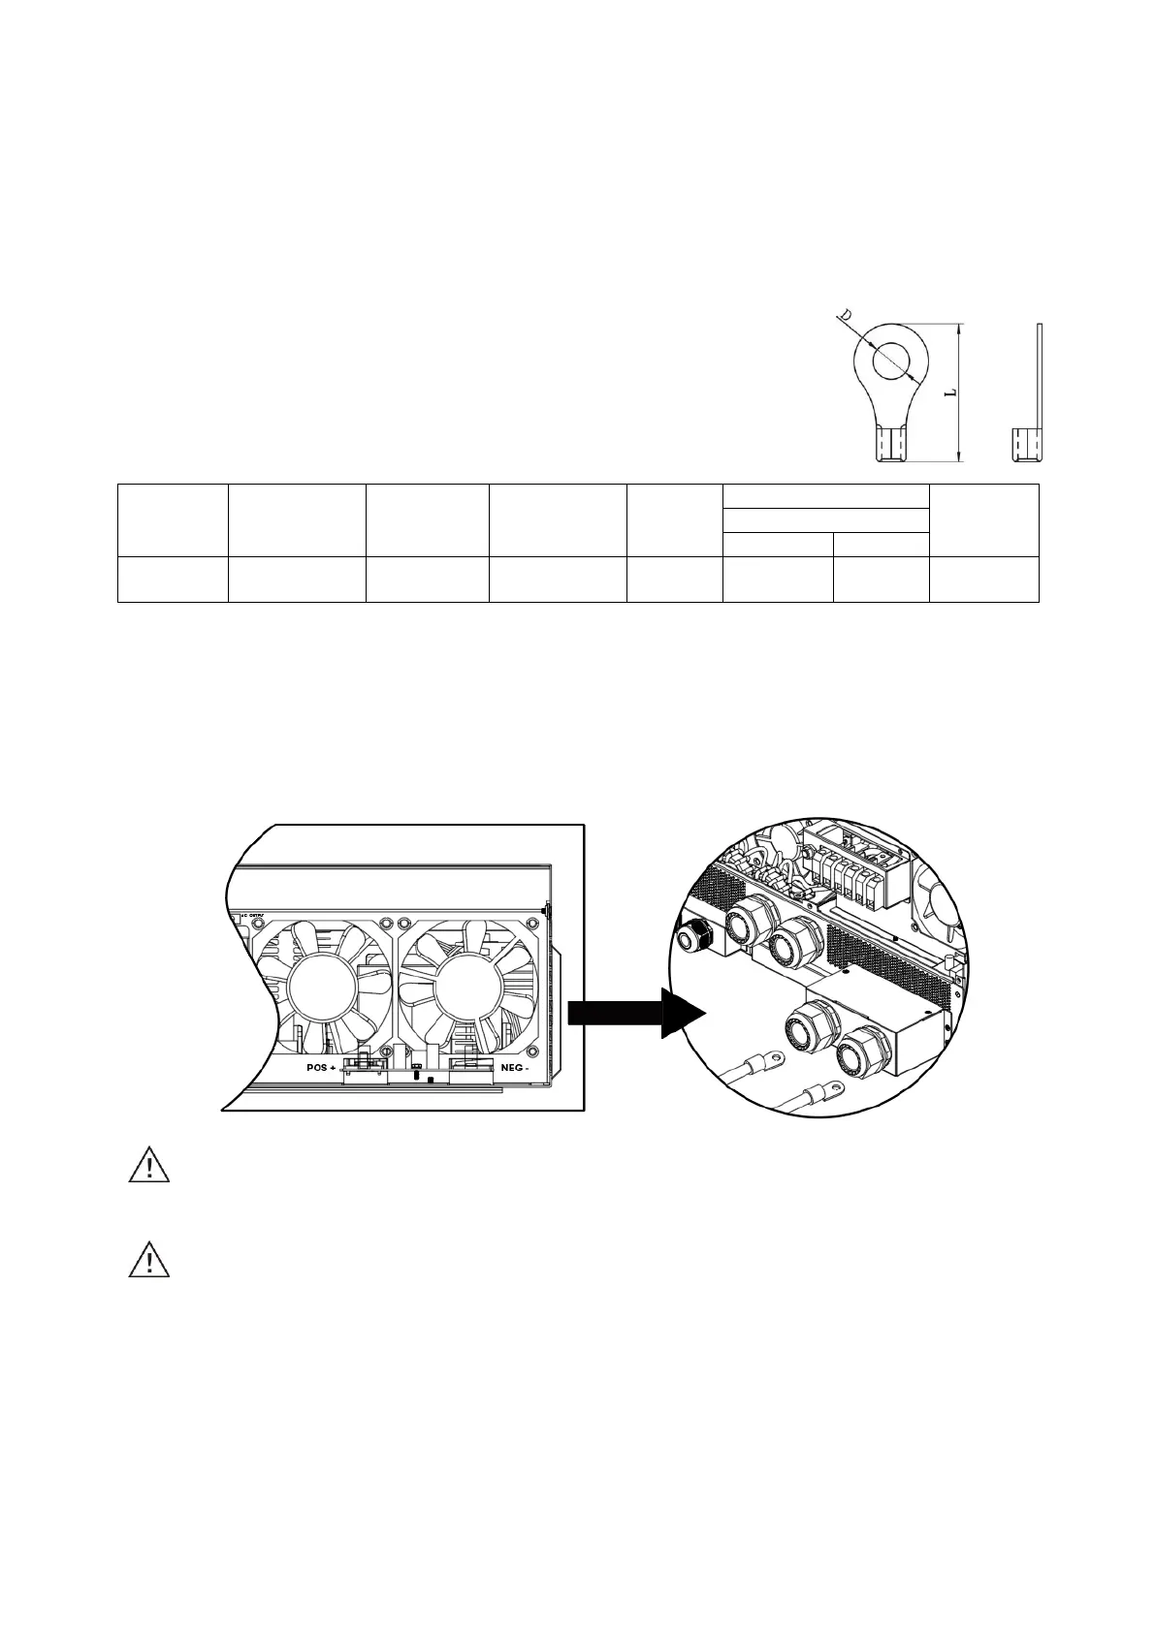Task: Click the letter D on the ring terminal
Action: [x=845, y=316]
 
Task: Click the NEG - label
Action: [x=514, y=1067]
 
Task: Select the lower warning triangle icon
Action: [x=148, y=1262]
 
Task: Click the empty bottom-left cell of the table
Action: [x=173, y=580]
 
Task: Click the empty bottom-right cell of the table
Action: [x=983, y=580]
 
